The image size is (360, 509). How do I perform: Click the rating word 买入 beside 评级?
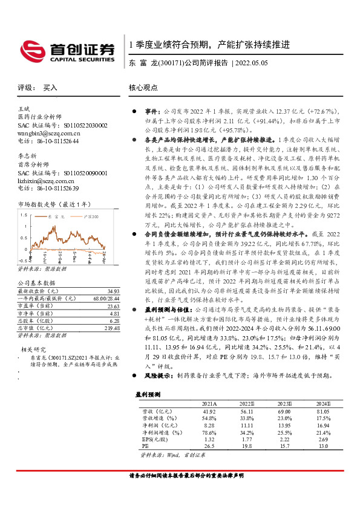click(50, 88)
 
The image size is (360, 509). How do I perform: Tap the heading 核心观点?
click(143, 88)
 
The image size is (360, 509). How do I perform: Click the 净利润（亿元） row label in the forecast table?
click(158, 425)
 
